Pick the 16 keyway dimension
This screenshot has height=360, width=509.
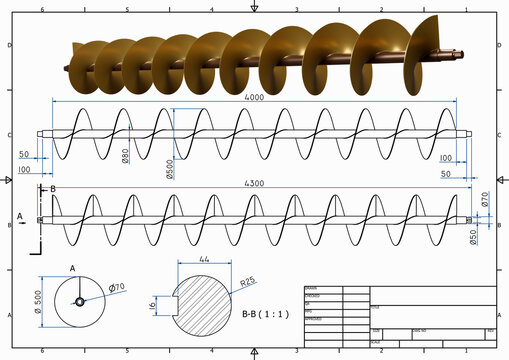(x=153, y=306)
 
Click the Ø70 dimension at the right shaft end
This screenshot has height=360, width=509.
(x=486, y=200)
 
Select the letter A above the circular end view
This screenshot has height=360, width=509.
(x=72, y=268)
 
